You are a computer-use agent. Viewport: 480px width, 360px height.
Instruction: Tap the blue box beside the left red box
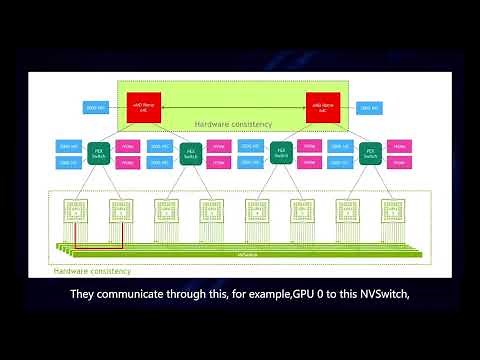[x=94, y=106]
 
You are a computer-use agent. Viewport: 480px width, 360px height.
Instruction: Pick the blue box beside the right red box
[x=368, y=106]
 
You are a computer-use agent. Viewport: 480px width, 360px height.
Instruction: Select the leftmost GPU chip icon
[x=75, y=210]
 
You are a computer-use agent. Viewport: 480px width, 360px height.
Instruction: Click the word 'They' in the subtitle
[x=83, y=295]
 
